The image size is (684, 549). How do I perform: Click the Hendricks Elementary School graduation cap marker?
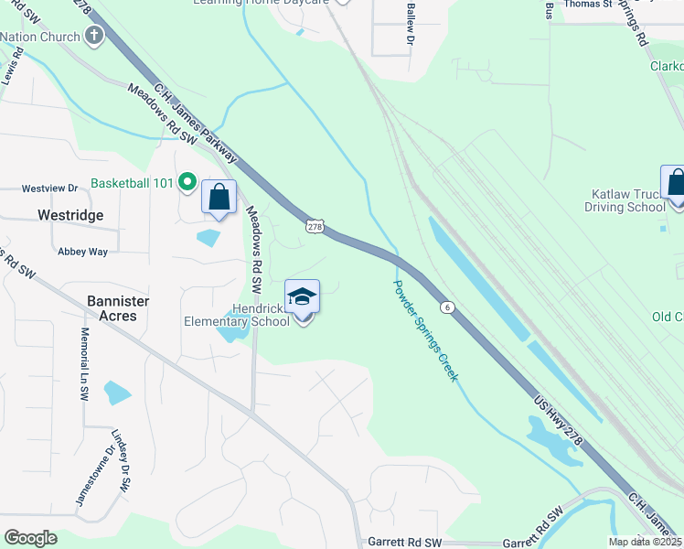(x=303, y=298)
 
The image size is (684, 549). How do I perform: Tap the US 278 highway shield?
(x=315, y=226)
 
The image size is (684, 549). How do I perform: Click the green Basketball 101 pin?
(x=187, y=183)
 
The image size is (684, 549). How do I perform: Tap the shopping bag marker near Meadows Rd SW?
(x=219, y=198)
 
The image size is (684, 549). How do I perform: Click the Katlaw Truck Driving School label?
(x=625, y=200)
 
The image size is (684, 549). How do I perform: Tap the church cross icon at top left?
(x=92, y=37)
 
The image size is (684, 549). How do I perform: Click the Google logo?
(x=30, y=538)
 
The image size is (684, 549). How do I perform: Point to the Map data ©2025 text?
(x=645, y=542)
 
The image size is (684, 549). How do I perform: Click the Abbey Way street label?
(x=82, y=252)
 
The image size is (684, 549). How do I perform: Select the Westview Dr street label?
(x=50, y=188)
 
